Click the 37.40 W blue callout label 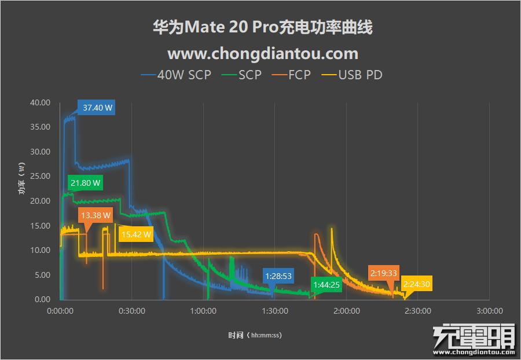[x=97, y=108]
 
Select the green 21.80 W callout [x=85, y=183]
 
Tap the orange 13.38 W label [x=96, y=215]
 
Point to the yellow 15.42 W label [x=135, y=234]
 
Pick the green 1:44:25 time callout [x=326, y=285]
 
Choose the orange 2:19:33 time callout [x=384, y=273]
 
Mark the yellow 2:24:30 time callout [x=417, y=285]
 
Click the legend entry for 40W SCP [x=177, y=75]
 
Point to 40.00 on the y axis [x=40, y=102]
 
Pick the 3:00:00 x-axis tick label [x=489, y=311]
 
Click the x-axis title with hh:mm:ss [x=255, y=335]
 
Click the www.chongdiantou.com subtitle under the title [x=262, y=53]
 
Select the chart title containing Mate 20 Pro [x=262, y=27]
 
